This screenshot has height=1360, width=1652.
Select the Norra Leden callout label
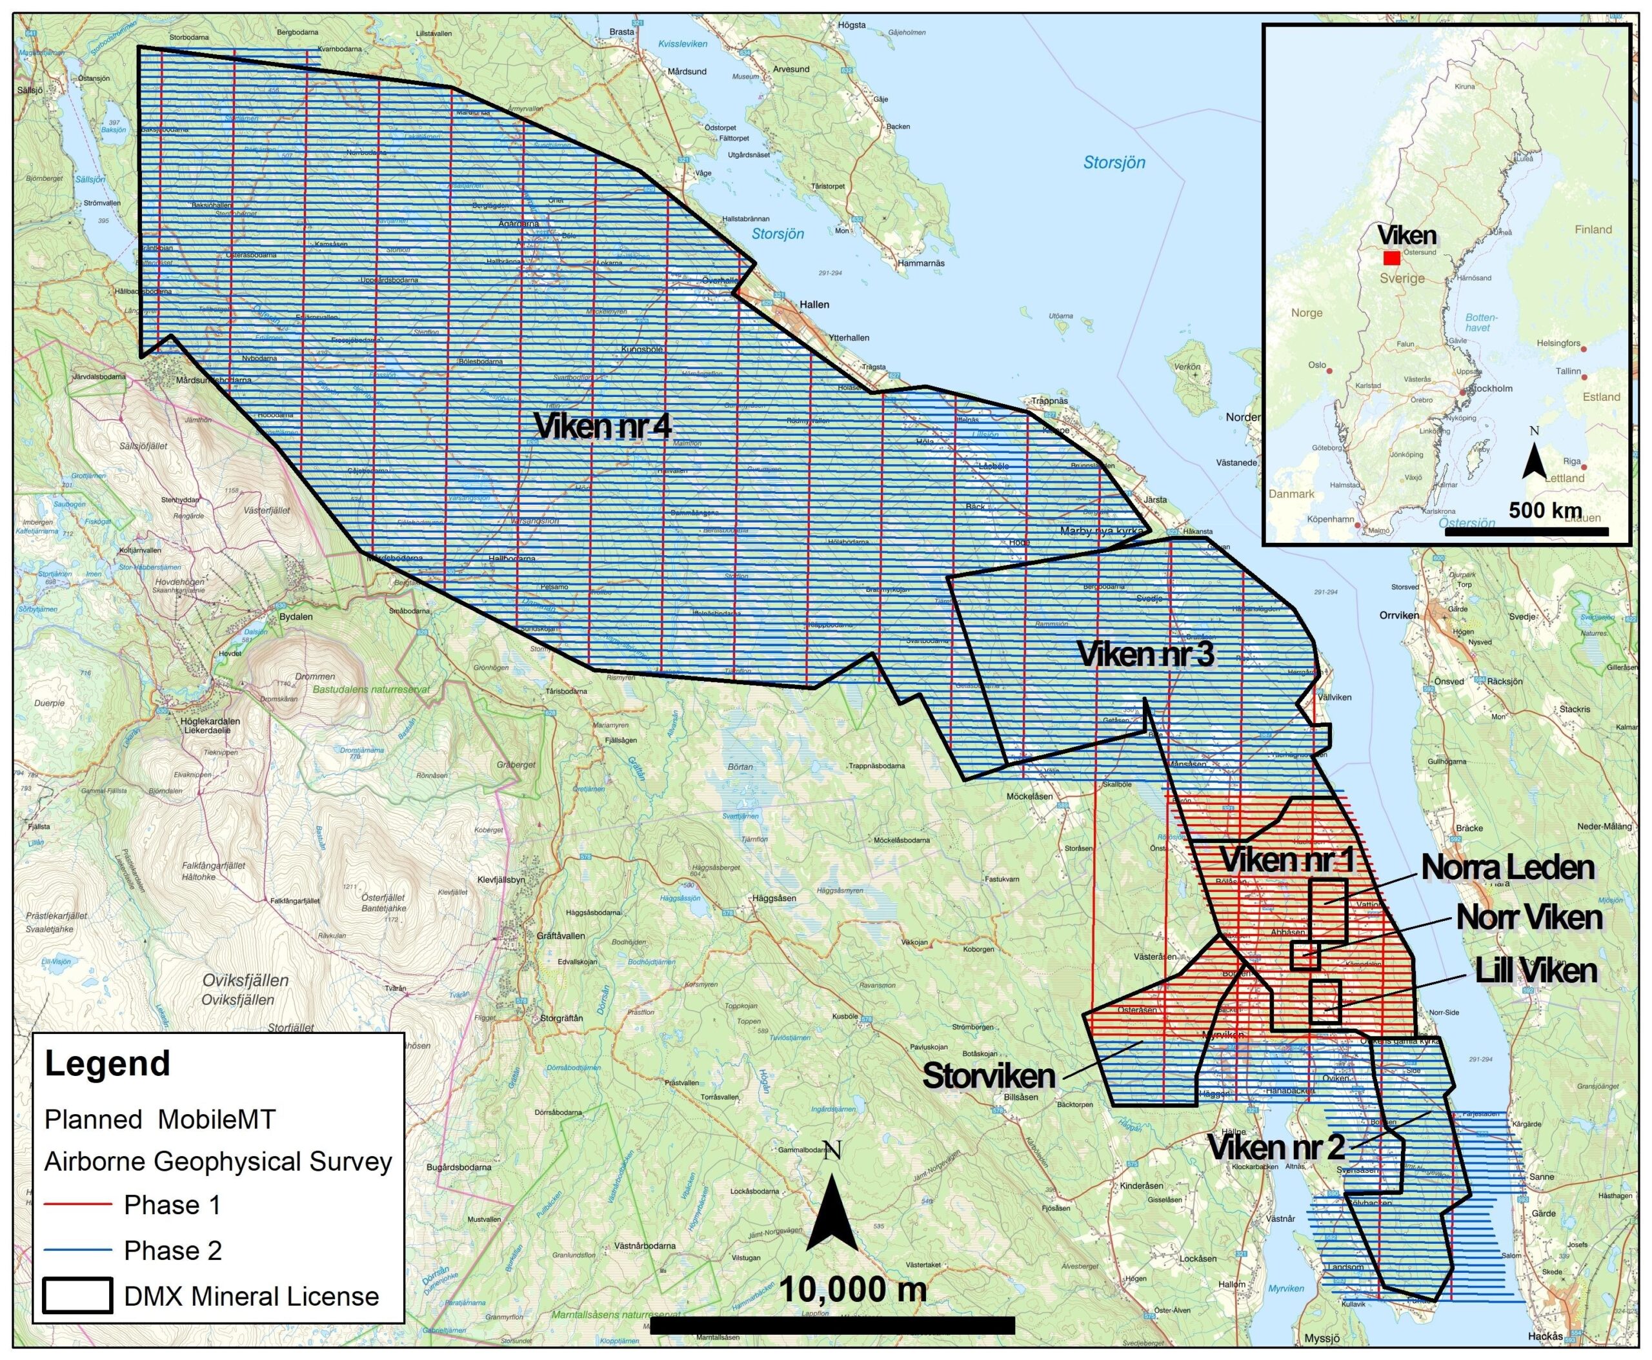coord(1507,868)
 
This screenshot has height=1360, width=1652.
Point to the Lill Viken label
coord(1535,971)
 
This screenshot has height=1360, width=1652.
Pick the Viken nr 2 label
coord(1275,1148)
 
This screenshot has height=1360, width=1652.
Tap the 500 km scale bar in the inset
coord(1526,532)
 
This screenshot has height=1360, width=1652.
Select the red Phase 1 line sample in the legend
coord(77,1205)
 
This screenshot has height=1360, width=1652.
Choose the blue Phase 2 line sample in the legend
coord(77,1250)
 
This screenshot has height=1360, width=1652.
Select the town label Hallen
coord(814,304)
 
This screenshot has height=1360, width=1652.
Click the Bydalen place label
coord(296,616)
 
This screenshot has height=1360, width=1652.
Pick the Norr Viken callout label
coord(1528,918)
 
